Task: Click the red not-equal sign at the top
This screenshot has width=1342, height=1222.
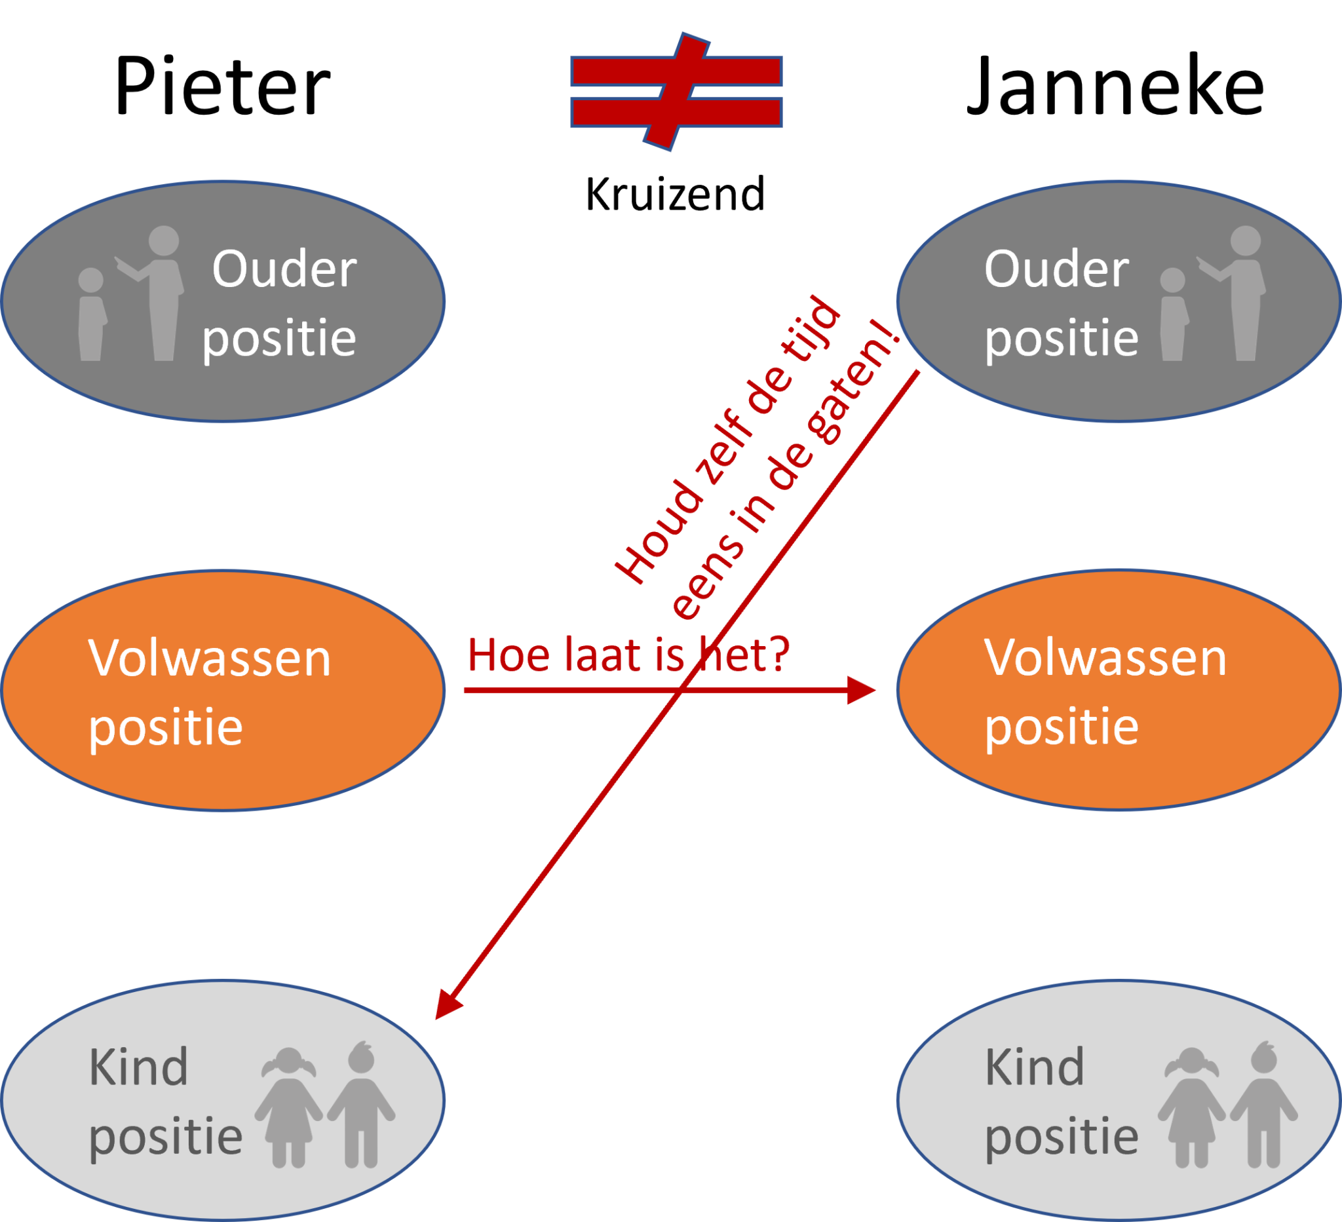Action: point(676,91)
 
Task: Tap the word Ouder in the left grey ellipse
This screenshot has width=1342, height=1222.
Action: point(284,269)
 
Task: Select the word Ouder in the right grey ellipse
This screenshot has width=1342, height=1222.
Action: point(1056,269)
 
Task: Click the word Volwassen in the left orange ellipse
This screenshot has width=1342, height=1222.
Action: point(210,659)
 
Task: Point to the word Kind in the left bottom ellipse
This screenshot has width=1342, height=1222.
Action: point(138,1067)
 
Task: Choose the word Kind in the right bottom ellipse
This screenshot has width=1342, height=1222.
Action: point(1035,1067)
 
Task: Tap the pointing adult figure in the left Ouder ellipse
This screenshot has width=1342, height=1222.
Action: point(160,293)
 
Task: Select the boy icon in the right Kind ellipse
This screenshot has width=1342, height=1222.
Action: point(1263,1105)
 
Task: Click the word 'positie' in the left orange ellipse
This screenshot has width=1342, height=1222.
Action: point(166,728)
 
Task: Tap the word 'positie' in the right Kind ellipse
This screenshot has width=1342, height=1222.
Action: point(1061,1137)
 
